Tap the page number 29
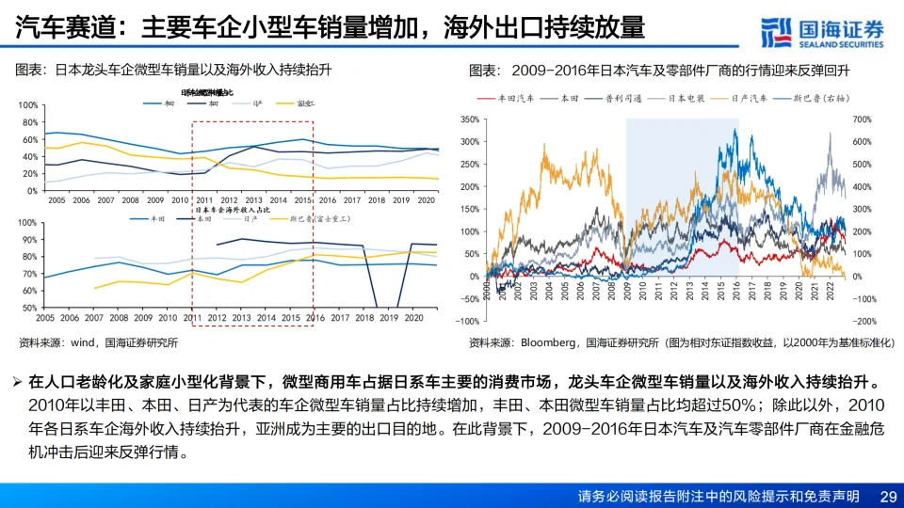click(887, 496)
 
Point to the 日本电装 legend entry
click(688, 98)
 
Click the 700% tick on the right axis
click(862, 119)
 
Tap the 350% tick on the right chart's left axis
click(468, 119)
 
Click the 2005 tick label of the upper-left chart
click(57, 200)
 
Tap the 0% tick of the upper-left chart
click(31, 190)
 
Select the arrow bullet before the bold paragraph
click(18, 382)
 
